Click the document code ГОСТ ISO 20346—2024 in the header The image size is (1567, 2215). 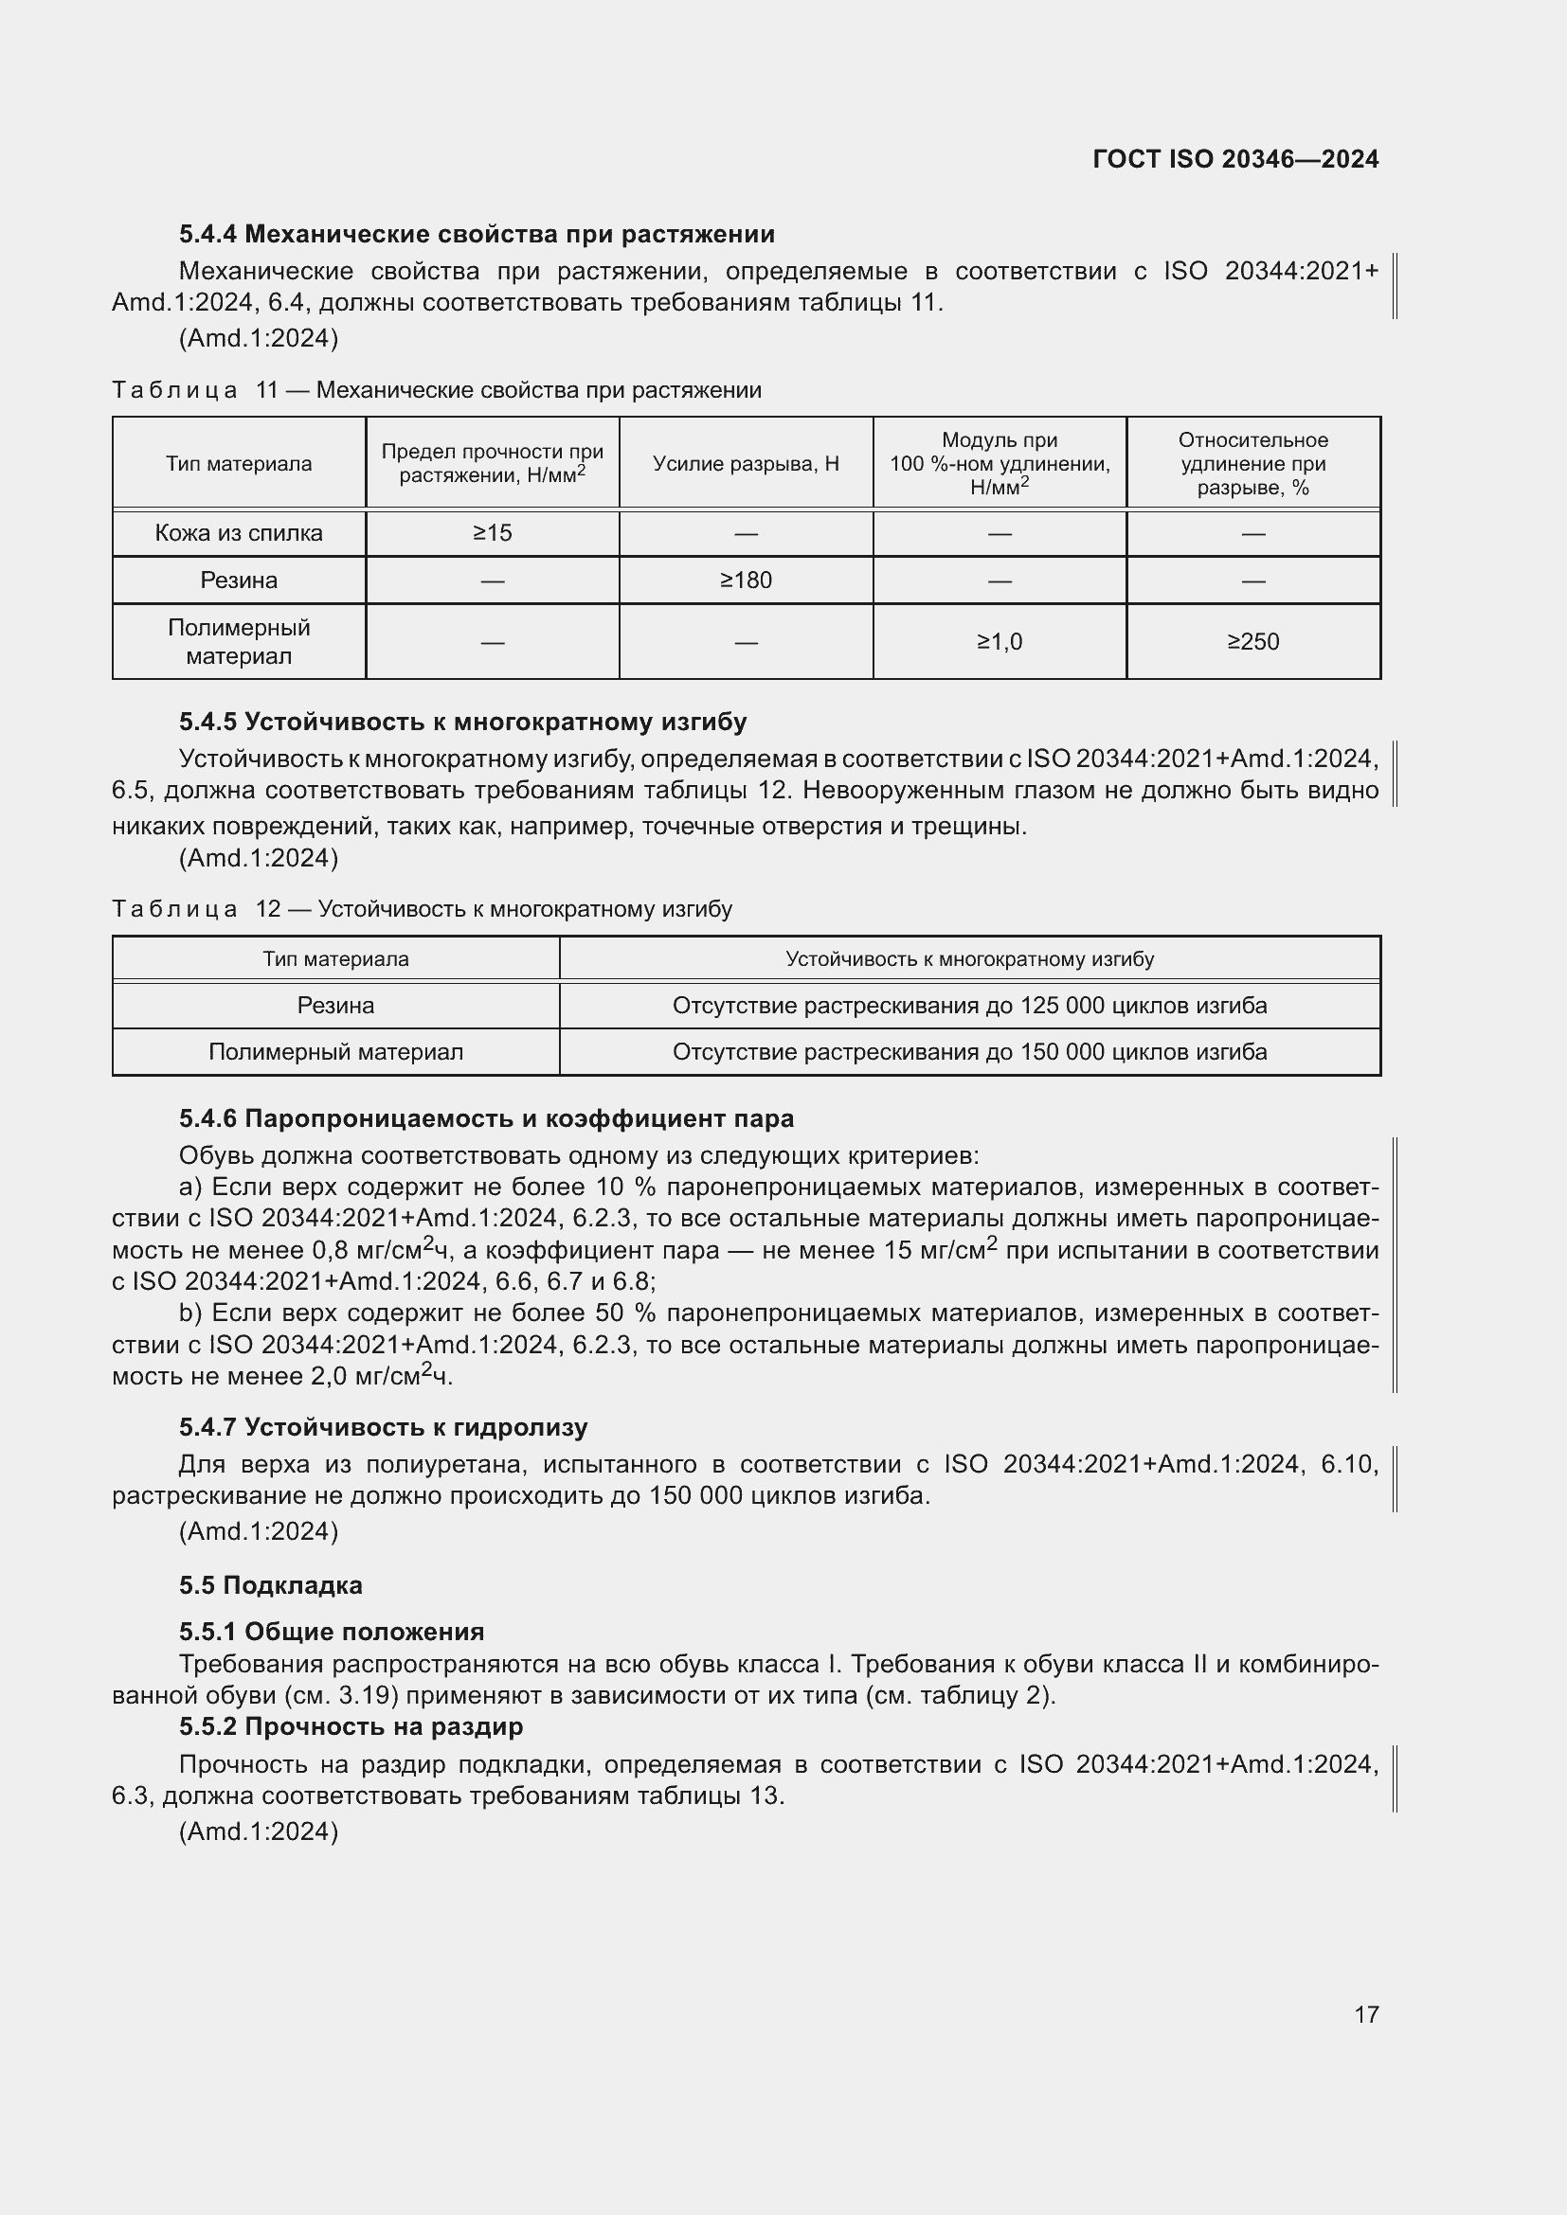[x=1235, y=159]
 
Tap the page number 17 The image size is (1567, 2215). [x=1366, y=2014]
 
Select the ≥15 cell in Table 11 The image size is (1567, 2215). [x=492, y=533]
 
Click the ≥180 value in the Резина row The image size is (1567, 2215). [x=746, y=581]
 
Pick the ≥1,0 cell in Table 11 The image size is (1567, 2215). [x=1000, y=641]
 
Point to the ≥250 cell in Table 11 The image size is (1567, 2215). [x=1252, y=641]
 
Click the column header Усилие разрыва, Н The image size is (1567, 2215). [x=746, y=464]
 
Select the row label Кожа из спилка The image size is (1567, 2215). [x=239, y=533]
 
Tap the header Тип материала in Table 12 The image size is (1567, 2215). [x=335, y=959]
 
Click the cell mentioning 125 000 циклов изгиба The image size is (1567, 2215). [x=969, y=1006]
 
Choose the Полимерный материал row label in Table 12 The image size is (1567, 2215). [x=335, y=1051]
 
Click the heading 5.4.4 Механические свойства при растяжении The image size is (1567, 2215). [x=477, y=235]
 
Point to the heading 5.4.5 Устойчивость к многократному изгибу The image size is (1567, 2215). [x=462, y=722]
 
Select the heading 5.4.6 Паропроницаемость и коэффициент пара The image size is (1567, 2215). [x=486, y=1118]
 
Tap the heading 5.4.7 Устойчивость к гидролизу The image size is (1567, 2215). [x=383, y=1427]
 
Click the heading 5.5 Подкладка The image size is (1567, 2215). [x=270, y=1585]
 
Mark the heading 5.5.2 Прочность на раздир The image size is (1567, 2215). [x=351, y=1726]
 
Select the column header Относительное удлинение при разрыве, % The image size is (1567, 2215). [x=1252, y=464]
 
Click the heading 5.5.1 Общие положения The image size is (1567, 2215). [x=332, y=1632]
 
